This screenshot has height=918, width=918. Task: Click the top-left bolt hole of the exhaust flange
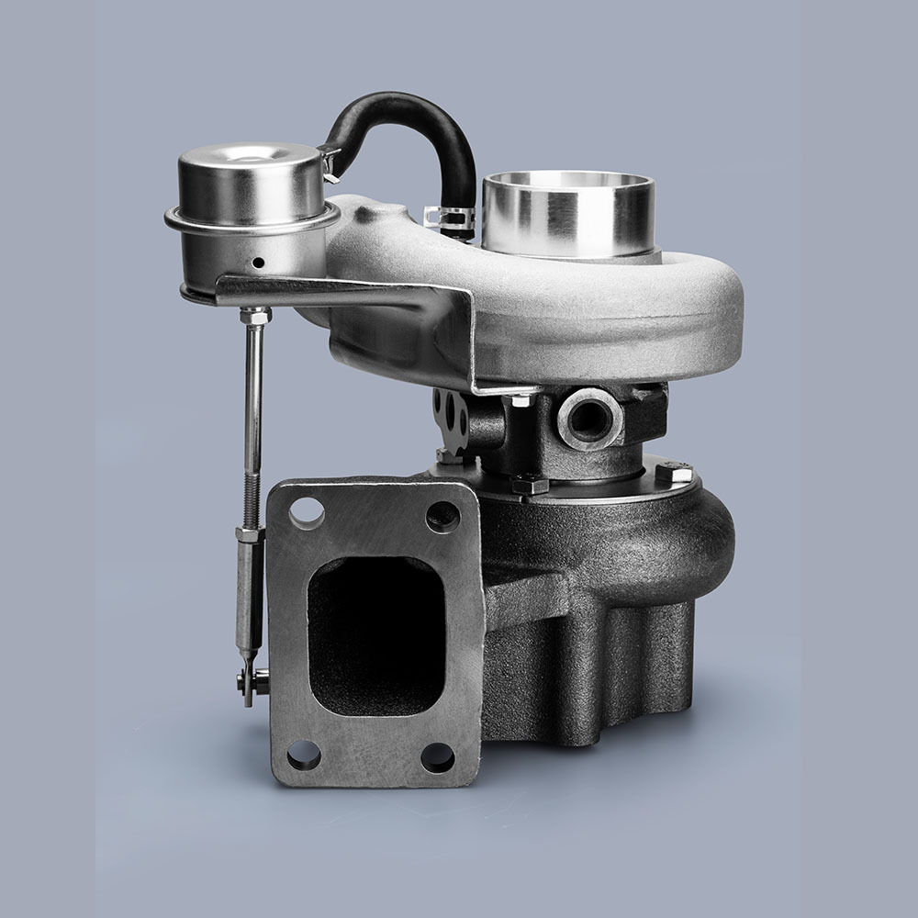click(x=306, y=512)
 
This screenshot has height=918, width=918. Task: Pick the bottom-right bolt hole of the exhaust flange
click(x=437, y=757)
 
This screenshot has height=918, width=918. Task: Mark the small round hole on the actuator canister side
click(x=260, y=263)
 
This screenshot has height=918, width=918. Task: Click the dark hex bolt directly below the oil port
click(x=531, y=484)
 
